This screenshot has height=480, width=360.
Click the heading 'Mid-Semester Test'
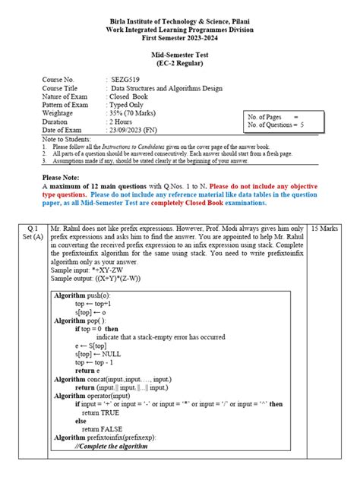click(179, 55)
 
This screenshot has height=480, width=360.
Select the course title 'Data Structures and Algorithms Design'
click(166, 88)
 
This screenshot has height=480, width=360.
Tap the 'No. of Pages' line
click(273, 115)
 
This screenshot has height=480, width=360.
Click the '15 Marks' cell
click(327, 228)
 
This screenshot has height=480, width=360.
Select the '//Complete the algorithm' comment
click(114, 446)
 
